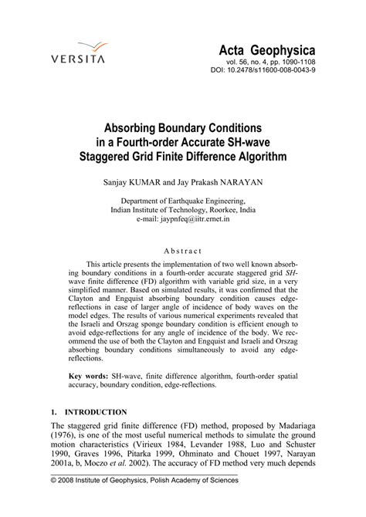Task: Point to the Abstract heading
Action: tap(182, 251)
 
